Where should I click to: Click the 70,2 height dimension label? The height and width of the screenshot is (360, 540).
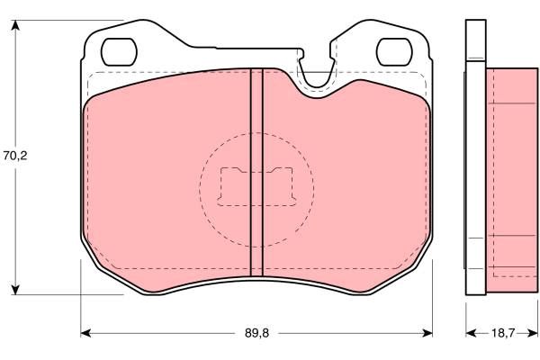pos(15,156)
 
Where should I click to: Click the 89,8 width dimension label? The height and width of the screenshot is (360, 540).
pos(256,333)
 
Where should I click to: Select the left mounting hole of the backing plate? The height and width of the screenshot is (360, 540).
pos(119,51)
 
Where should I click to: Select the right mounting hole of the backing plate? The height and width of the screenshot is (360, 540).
pos(394,51)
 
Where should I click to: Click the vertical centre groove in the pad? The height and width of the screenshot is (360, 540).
pos(256,172)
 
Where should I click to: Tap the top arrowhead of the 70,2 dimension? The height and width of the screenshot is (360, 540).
pos(15,25)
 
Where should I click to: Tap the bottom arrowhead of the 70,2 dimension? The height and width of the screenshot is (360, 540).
pos(15,290)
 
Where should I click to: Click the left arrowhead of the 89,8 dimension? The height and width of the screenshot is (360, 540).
pos(85,333)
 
